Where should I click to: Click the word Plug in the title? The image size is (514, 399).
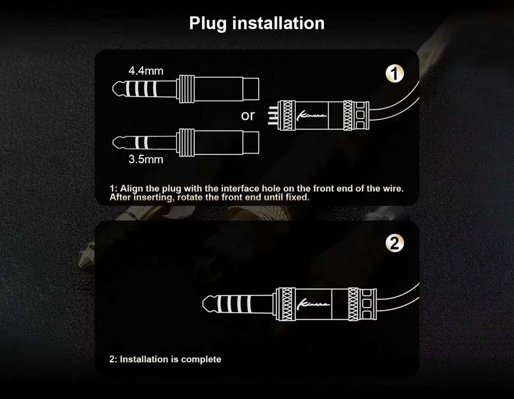click(x=208, y=23)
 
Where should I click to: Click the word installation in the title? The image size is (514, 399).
click(x=278, y=23)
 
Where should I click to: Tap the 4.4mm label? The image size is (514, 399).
click(x=146, y=70)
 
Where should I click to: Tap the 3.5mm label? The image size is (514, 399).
click(x=146, y=159)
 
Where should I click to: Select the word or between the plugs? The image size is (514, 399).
click(x=247, y=115)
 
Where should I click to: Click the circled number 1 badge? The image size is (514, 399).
click(x=395, y=74)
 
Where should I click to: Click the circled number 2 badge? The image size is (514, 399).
click(x=395, y=244)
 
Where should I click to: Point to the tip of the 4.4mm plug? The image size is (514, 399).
click(x=113, y=89)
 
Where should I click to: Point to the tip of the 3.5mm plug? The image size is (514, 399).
click(x=113, y=142)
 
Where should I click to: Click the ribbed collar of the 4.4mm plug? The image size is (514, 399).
click(x=186, y=89)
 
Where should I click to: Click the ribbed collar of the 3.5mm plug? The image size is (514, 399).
click(x=186, y=142)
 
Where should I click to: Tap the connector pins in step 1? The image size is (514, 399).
click(x=272, y=115)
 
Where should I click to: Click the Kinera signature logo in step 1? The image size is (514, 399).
click(x=311, y=115)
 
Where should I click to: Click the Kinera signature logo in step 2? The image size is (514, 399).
click(x=313, y=304)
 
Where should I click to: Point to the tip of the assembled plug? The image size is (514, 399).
click(x=203, y=304)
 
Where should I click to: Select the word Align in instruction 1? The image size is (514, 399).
click(x=131, y=189)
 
